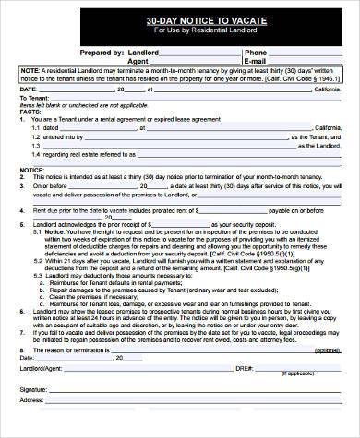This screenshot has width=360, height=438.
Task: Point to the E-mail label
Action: [x=258, y=61]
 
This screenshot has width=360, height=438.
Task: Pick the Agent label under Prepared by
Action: [x=138, y=61]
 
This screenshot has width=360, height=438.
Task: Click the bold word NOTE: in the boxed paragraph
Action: [x=30, y=70]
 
